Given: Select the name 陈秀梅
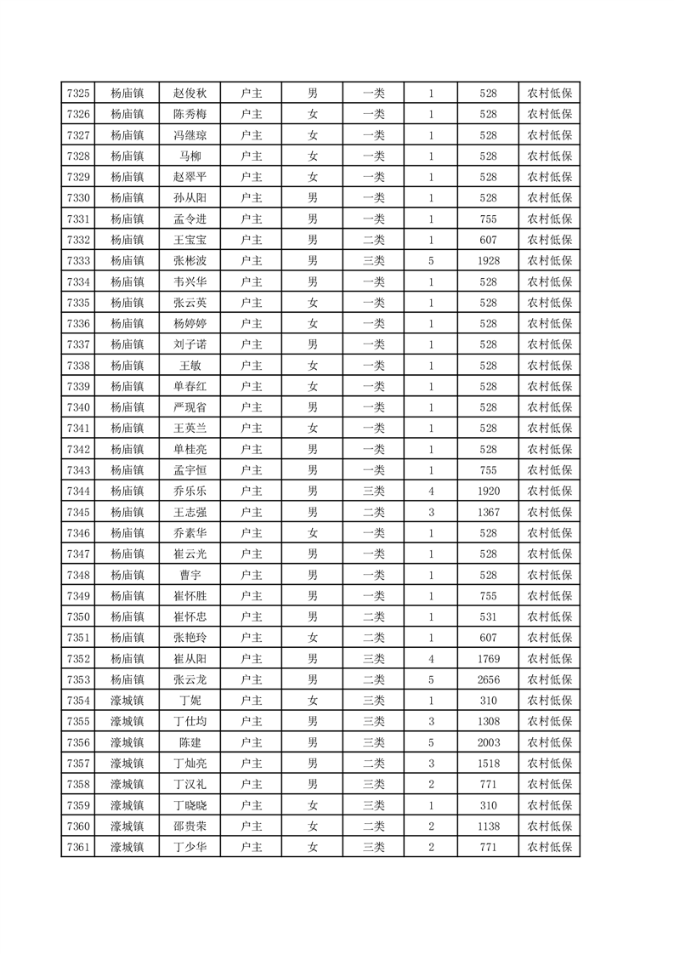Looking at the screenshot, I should [x=190, y=114].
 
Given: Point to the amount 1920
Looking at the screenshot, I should [x=488, y=491].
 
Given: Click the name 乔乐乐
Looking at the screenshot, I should [x=190, y=491].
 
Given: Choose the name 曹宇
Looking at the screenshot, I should [x=190, y=576].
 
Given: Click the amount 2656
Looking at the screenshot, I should [x=488, y=680].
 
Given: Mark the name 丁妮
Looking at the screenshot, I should [x=190, y=701].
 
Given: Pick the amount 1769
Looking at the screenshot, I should [x=488, y=659].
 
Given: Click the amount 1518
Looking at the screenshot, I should [x=488, y=764].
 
